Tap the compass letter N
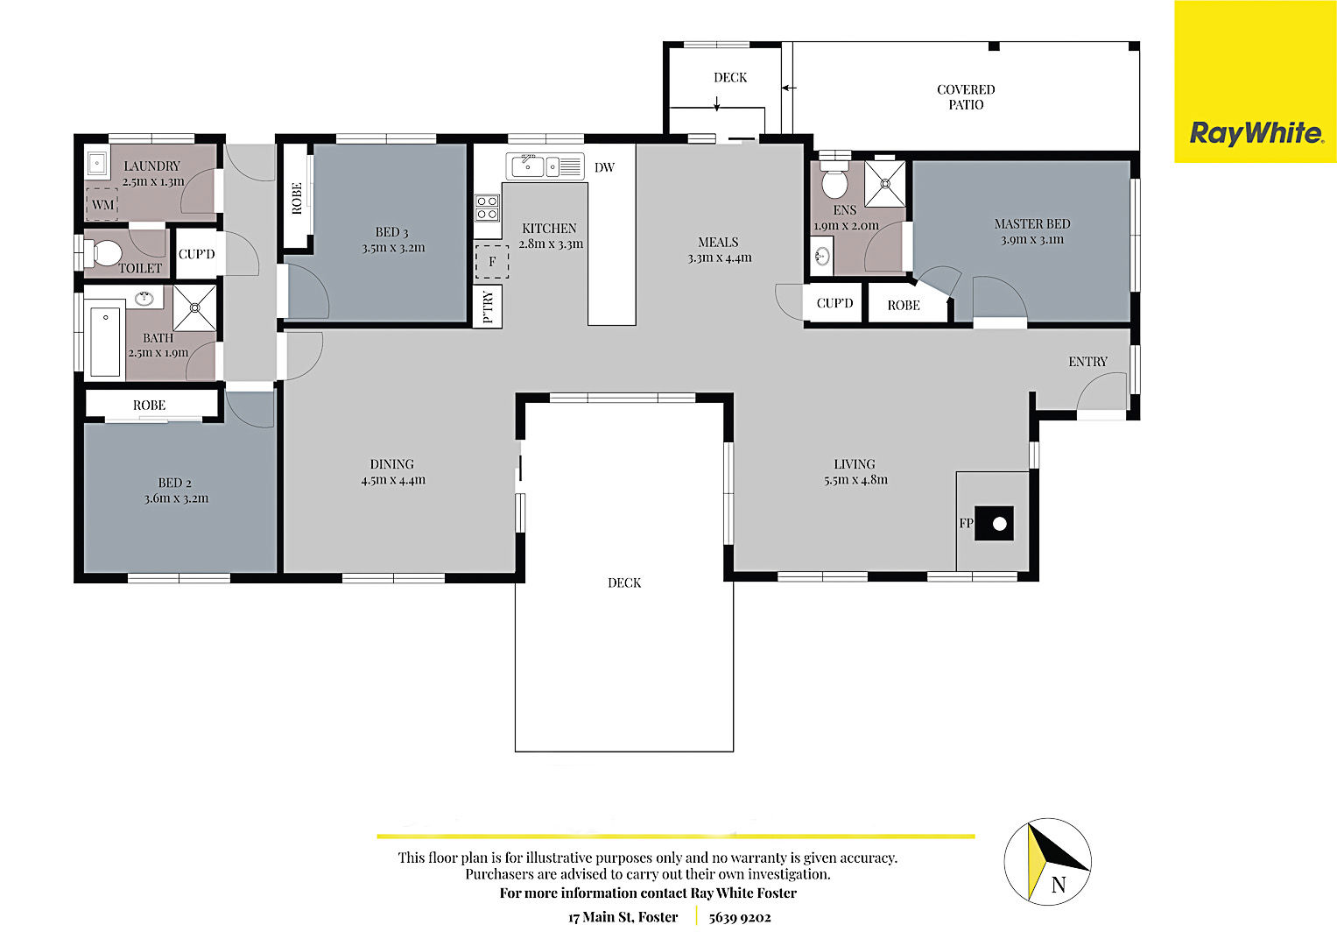point(1059,885)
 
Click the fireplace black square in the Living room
point(994,524)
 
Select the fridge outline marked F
point(492,261)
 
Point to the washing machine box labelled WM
point(102,204)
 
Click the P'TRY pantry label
point(488,307)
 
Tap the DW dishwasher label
point(604,168)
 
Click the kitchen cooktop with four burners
point(487,208)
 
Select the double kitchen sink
point(545,166)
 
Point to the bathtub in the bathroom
point(105,342)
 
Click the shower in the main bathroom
point(194,307)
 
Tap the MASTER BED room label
point(1032,224)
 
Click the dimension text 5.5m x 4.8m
point(855,480)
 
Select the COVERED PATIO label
point(966,96)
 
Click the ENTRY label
point(1087,361)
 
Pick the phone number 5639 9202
point(740,917)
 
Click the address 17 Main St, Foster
point(623,917)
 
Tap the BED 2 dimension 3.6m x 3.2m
point(176,498)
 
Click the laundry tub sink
point(96,162)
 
